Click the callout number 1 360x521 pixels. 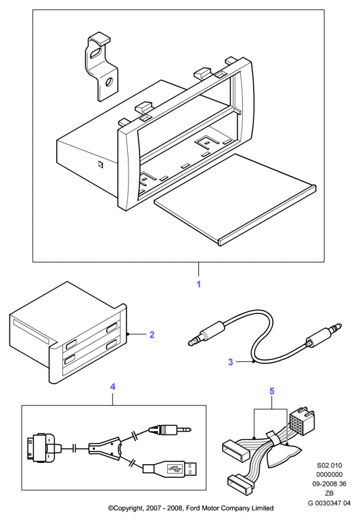198,284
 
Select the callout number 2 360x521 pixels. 152,334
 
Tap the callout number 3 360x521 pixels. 230,362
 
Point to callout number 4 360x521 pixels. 113,386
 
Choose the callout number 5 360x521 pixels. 272,391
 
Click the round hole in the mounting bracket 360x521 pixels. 109,82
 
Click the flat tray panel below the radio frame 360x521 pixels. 235,200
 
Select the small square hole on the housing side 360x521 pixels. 100,164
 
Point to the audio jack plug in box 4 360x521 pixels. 170,430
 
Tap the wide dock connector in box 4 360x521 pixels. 42,449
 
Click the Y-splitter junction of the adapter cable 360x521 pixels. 105,449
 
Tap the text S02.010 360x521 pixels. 329,466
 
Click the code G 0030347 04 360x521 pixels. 329,503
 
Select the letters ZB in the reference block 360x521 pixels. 329,493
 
